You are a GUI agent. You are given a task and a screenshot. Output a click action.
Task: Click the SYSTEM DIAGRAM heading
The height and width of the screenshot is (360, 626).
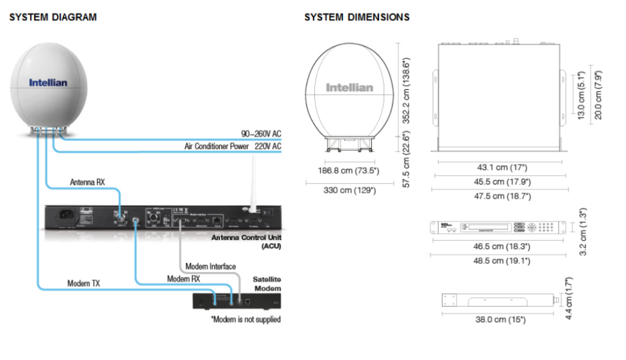53,17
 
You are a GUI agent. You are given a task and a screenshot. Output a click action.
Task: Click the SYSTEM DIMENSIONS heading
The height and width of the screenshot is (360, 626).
357,17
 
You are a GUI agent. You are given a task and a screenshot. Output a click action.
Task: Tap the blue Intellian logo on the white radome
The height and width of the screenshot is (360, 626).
48,82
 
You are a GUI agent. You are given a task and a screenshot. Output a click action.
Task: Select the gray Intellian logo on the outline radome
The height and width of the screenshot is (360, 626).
349,87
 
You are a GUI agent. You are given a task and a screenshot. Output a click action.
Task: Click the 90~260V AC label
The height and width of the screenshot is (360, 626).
260,134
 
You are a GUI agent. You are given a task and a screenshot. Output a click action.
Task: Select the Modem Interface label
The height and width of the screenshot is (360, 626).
210,266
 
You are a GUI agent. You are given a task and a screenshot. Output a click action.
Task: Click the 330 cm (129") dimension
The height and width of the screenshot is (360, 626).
350,190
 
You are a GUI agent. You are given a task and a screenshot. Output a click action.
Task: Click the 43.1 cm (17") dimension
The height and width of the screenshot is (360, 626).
500,167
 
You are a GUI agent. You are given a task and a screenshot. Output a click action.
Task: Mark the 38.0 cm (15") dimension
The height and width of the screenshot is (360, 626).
500,319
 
